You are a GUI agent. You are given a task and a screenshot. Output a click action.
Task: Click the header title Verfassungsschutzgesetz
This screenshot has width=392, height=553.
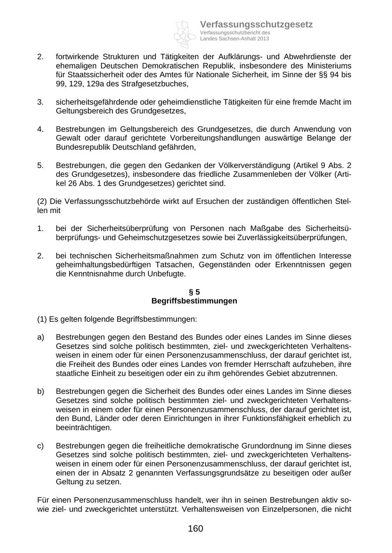256,24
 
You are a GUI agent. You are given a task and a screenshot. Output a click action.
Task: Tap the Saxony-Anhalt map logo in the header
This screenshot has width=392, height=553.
185,33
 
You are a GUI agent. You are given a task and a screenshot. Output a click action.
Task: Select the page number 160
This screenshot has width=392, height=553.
196,529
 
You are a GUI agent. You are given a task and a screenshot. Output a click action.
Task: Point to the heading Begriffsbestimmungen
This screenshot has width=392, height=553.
194,301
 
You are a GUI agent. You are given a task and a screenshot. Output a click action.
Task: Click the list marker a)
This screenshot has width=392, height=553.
41,337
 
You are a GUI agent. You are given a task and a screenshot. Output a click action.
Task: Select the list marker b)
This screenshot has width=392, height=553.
41,391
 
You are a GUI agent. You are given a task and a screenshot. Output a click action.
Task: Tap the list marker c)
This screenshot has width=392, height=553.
41,446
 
